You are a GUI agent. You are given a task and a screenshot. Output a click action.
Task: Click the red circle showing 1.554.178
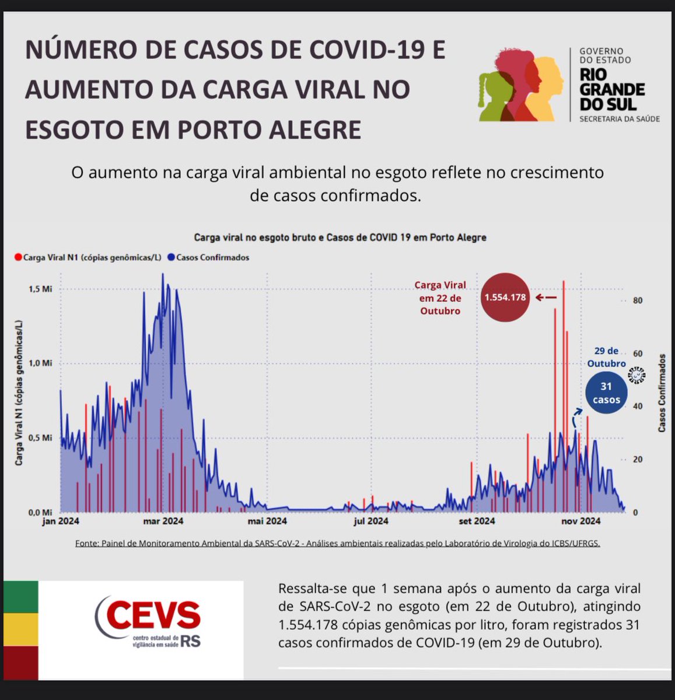(x=505, y=297)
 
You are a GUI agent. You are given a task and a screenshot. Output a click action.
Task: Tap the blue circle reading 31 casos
(x=606, y=393)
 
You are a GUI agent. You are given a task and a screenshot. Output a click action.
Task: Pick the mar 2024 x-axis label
(x=163, y=521)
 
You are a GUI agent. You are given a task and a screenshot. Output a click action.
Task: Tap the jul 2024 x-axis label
(x=370, y=521)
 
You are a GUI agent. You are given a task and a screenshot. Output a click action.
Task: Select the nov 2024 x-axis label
(x=581, y=521)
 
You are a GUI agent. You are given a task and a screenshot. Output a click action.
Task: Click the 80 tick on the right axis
(x=638, y=300)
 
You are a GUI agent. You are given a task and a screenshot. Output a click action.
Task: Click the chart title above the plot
(x=340, y=237)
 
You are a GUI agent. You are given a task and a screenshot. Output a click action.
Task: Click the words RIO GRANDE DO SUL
(x=611, y=89)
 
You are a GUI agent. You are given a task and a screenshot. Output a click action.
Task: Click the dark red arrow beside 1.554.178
(x=546, y=297)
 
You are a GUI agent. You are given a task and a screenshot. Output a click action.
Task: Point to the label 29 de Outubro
(x=606, y=357)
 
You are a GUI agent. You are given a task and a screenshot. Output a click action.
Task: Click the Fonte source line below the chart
(x=337, y=543)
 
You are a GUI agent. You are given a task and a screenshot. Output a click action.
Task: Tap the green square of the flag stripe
(x=21, y=596)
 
